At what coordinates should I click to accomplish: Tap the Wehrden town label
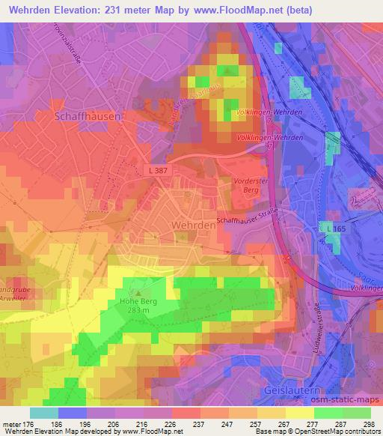(x=180, y=225)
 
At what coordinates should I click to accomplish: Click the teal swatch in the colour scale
(x=43, y=413)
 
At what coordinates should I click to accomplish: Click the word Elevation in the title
(x=76, y=10)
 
